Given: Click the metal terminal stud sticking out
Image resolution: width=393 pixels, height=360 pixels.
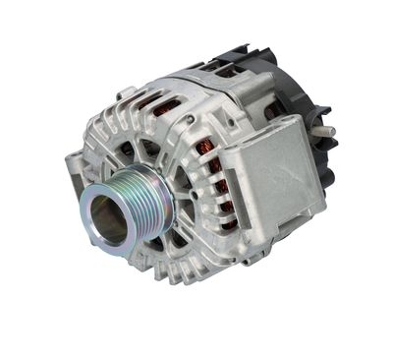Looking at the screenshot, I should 323,131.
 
